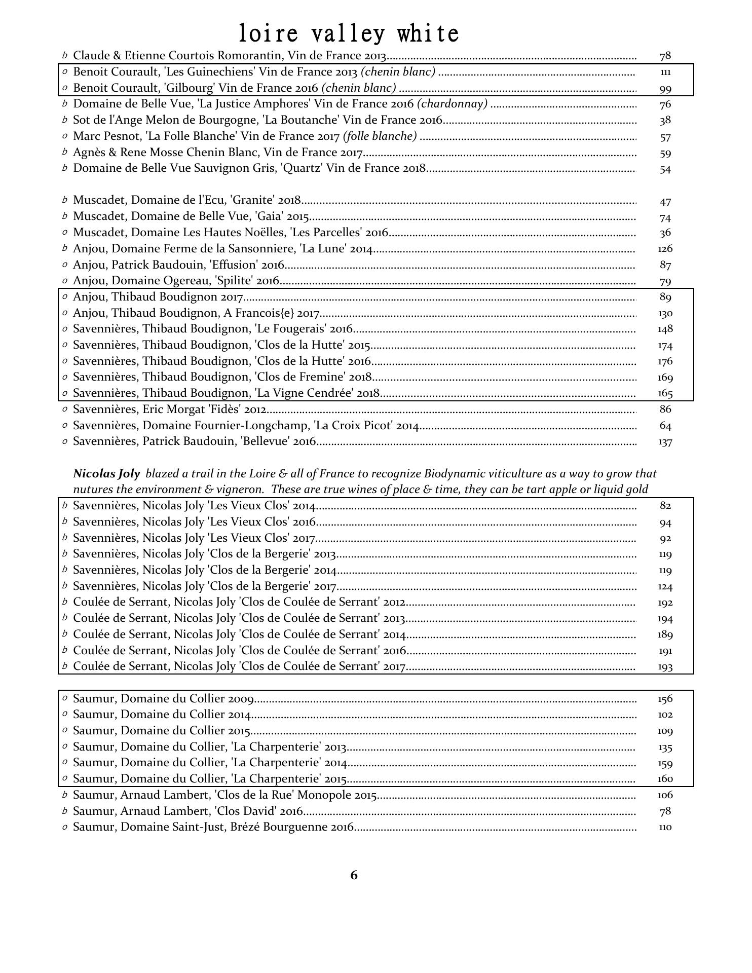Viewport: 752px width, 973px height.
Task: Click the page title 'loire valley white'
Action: coord(349,34)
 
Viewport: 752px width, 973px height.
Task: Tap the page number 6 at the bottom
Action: coord(354,875)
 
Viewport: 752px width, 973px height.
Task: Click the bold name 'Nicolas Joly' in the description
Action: coord(106,474)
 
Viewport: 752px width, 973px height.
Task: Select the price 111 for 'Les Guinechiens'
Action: coord(665,72)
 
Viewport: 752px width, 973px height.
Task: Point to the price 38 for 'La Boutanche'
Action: coord(665,121)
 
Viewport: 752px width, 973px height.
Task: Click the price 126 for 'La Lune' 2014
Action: coord(665,249)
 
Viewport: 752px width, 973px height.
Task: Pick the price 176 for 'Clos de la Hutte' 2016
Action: coord(665,361)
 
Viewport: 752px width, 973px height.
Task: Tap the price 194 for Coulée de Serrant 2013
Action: coord(665,619)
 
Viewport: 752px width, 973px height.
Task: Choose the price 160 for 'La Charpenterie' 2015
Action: coord(665,779)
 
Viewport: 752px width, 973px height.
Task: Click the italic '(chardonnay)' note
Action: coord(452,104)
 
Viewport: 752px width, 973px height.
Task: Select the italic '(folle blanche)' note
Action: coord(380,136)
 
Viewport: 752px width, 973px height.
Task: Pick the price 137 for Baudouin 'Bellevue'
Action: coord(665,442)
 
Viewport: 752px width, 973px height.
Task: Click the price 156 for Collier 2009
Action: coord(665,699)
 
